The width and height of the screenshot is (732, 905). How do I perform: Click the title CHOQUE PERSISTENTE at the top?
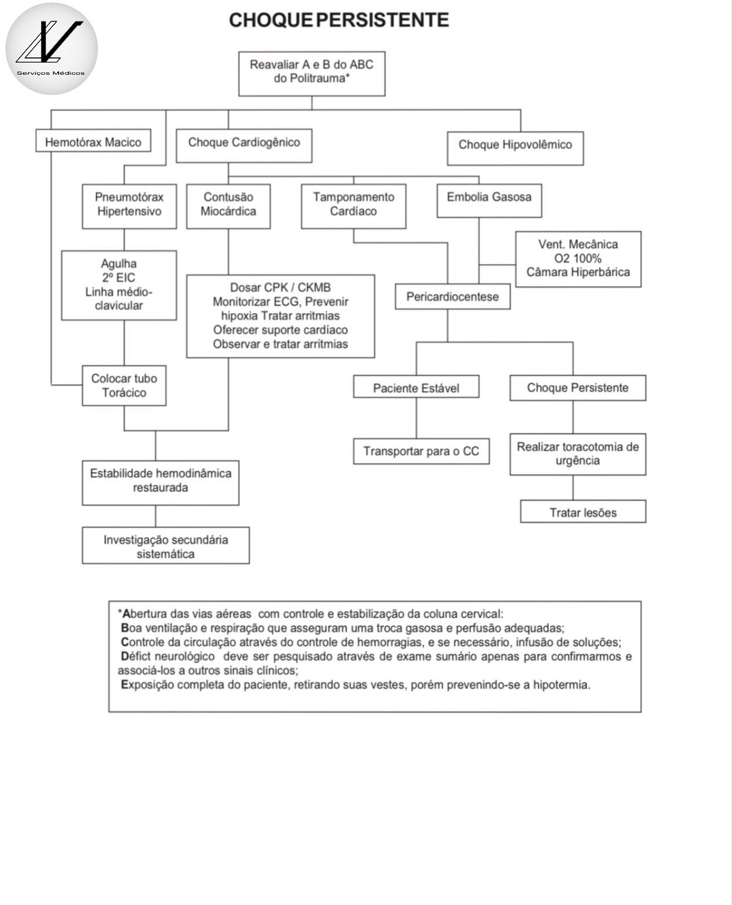tap(338, 20)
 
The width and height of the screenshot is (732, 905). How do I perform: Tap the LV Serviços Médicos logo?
tap(52, 49)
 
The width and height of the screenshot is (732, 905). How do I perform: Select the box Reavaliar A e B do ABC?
tap(312, 73)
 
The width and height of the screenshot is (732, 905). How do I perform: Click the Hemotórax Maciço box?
tap(93, 142)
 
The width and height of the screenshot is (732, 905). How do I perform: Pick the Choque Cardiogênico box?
tap(244, 144)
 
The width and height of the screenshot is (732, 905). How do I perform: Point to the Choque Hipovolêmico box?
tap(515, 148)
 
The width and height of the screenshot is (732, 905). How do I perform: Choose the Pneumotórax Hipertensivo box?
tap(129, 206)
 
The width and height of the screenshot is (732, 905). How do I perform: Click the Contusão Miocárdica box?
tap(228, 206)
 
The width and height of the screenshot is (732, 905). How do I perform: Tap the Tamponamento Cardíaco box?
tap(354, 206)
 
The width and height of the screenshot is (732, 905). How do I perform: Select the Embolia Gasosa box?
tap(489, 200)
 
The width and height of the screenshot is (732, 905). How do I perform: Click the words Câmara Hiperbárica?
tap(578, 272)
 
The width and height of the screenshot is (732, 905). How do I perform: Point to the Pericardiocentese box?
tap(452, 297)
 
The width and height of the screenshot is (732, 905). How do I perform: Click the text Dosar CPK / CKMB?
tap(281, 287)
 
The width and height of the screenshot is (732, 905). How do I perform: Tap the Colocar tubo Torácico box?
tap(124, 385)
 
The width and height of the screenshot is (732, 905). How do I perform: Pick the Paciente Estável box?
tap(416, 388)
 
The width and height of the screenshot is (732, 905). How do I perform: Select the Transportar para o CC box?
tap(421, 451)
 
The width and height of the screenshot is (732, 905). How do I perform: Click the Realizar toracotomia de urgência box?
tap(578, 454)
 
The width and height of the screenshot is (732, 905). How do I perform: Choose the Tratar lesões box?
tap(583, 512)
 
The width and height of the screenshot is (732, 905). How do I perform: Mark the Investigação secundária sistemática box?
tap(166, 546)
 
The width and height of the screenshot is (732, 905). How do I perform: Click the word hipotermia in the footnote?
tap(560, 685)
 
